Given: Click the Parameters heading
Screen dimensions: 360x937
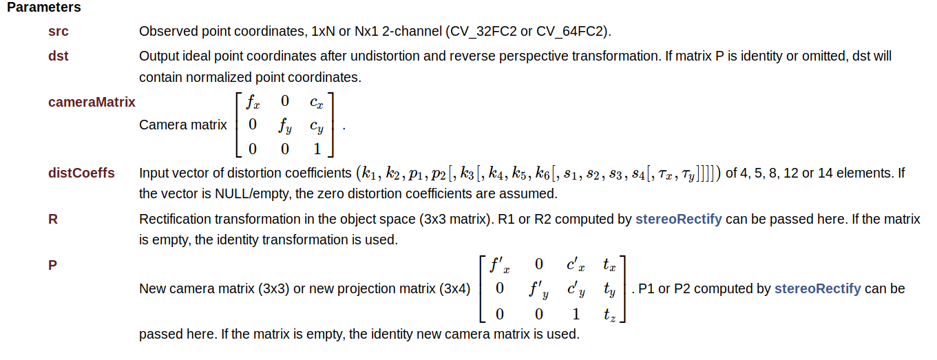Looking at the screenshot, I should tap(44, 8).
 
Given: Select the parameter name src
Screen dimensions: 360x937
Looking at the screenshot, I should tap(59, 32).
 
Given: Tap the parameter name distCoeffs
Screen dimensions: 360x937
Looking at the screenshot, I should tap(81, 173).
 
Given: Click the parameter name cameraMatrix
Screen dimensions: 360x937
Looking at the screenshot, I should tap(92, 102).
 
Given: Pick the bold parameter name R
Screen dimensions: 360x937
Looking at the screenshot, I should tap(53, 219).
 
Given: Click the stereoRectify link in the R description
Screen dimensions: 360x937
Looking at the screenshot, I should tap(678, 220).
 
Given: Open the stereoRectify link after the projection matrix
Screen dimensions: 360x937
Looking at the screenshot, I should tap(817, 289).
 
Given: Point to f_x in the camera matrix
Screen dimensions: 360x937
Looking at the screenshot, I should tap(253, 103).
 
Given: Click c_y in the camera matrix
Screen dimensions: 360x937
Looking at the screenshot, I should tap(317, 126).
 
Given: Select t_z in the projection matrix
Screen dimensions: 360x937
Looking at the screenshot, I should tap(609, 315).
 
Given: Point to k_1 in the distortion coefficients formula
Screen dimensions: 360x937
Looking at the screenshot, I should tap(371, 173).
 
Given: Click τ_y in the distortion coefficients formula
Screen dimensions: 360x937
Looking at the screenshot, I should tap(688, 173).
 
